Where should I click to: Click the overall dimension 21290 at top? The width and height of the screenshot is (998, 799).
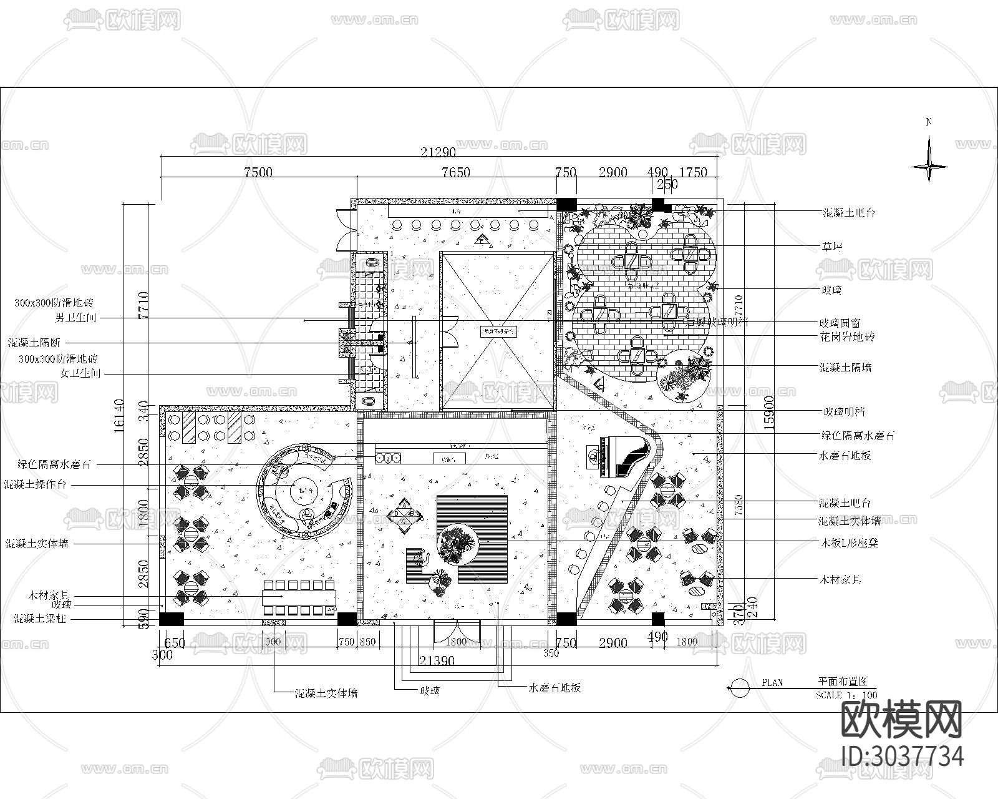tap(438, 152)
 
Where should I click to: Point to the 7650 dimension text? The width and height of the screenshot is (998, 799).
tap(455, 172)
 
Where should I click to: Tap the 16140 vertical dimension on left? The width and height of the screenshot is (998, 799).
tap(120, 416)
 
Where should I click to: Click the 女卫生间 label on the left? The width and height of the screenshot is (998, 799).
tap(79, 373)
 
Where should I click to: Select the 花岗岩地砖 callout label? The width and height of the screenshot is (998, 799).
tap(846, 337)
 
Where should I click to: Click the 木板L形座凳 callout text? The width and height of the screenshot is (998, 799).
tap(848, 543)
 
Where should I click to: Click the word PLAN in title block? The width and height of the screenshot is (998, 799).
tap(772, 683)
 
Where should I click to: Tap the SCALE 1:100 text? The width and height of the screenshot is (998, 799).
tap(846, 695)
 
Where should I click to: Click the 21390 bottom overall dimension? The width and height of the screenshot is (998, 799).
tap(437, 660)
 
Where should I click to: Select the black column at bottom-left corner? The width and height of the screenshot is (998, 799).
tap(171, 619)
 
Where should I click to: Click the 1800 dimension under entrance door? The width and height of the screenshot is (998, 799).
tap(457, 642)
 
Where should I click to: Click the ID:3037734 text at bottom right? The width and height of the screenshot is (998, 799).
tap(902, 757)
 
